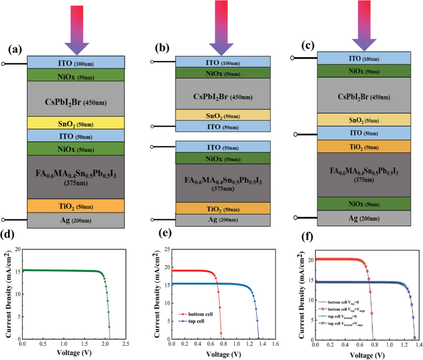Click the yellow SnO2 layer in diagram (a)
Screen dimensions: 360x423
click(76, 123)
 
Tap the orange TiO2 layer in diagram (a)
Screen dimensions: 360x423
click(76, 206)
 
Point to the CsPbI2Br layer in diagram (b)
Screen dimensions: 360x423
click(223, 97)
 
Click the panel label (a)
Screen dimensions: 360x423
click(15, 50)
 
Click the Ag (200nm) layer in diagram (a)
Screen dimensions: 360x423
click(76, 220)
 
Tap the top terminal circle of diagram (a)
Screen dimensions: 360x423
click(4, 64)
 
